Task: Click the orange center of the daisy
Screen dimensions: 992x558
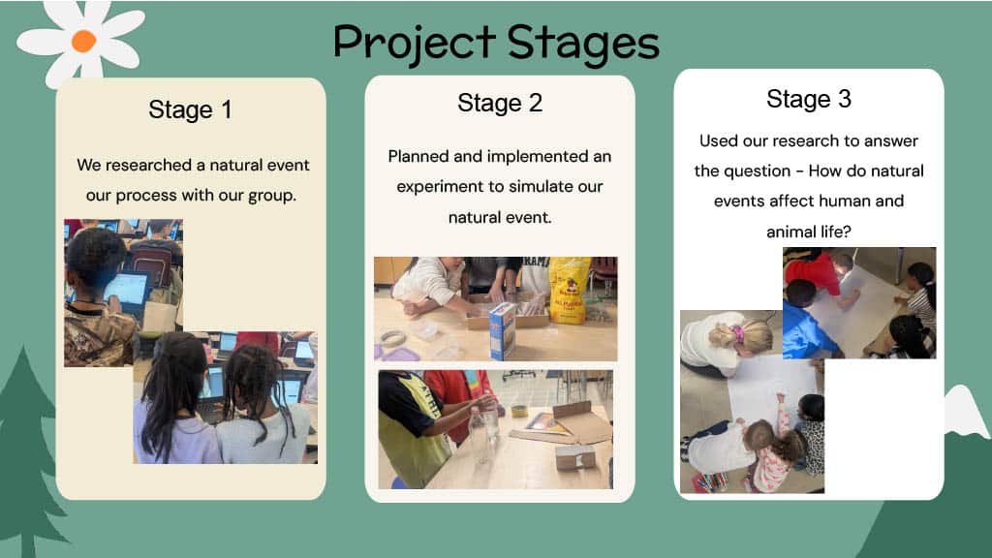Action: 83,41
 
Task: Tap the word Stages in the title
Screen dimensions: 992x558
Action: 583,45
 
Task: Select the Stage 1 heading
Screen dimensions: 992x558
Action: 191,109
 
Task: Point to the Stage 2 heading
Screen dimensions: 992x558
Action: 500,103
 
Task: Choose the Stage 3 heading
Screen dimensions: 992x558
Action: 809,99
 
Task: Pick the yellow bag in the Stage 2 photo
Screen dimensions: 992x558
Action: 570,290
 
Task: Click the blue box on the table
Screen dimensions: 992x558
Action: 503,330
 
